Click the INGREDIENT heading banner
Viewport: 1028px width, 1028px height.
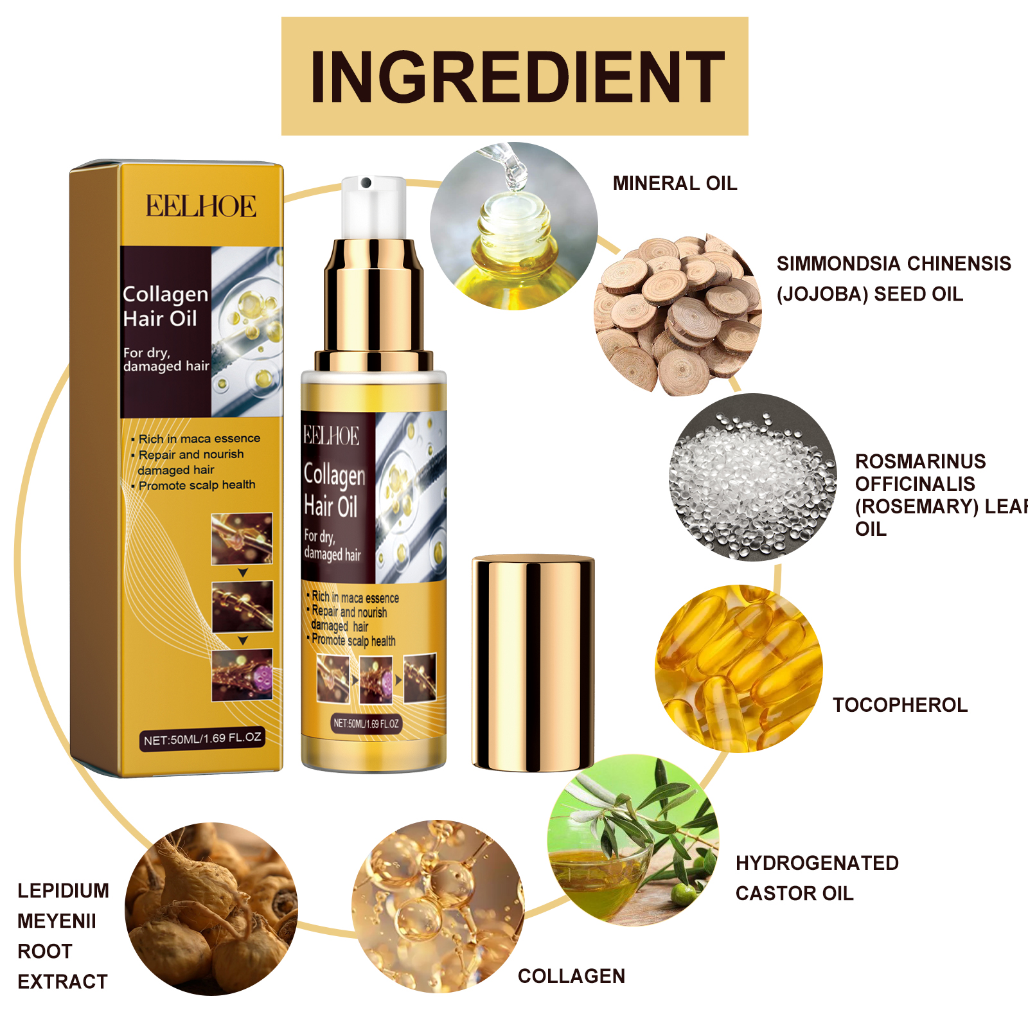pyautogui.click(x=515, y=76)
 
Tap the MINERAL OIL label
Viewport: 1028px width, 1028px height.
pyautogui.click(x=675, y=184)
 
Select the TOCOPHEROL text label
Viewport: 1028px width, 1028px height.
pyautogui.click(x=899, y=705)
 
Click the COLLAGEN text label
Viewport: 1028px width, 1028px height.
pyautogui.click(x=571, y=976)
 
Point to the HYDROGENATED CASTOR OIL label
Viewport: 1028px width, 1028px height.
pyautogui.click(x=816, y=878)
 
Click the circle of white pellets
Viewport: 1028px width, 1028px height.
pyautogui.click(x=752, y=477)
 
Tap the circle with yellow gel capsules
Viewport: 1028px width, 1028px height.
pyautogui.click(x=738, y=668)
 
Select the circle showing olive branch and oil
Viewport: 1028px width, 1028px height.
pyautogui.click(x=633, y=840)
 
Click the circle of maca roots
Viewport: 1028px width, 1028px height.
pyautogui.click(x=211, y=908)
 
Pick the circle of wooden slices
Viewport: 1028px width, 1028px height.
pyautogui.click(x=678, y=315)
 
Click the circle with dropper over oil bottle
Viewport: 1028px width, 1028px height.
pyautogui.click(x=514, y=226)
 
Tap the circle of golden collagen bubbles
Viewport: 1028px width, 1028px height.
pyautogui.click(x=438, y=906)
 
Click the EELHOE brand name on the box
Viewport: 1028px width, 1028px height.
pyautogui.click(x=200, y=206)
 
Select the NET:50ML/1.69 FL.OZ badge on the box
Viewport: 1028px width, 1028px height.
pyautogui.click(x=202, y=739)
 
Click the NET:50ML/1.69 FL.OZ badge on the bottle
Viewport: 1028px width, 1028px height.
pyautogui.click(x=366, y=723)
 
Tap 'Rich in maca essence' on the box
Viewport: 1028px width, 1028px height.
pyautogui.click(x=199, y=439)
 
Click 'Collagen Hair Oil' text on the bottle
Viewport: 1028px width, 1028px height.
pyautogui.click(x=334, y=490)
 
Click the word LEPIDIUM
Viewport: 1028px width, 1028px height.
pyautogui.click(x=63, y=891)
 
